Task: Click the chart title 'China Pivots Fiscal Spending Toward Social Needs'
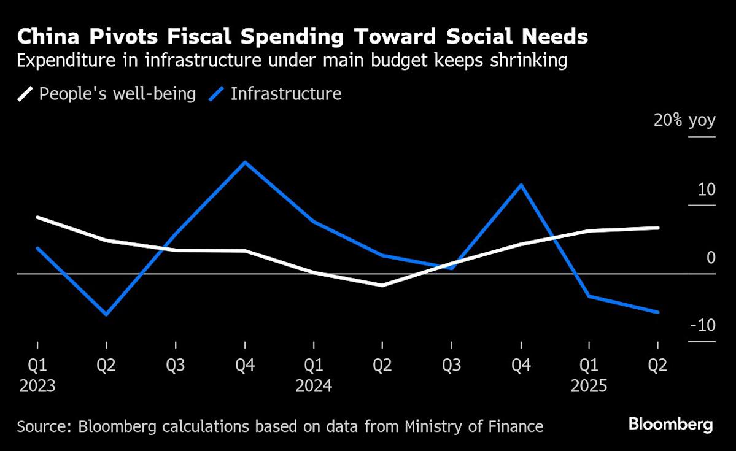point(302,37)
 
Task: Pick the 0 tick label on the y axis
point(711,257)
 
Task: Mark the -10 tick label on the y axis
point(703,325)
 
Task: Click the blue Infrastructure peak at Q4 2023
point(245,162)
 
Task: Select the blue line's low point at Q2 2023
point(106,315)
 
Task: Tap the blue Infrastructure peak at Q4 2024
point(521,185)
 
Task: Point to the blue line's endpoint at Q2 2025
point(658,312)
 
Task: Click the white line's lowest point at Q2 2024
point(382,285)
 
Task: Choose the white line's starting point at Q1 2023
point(37,217)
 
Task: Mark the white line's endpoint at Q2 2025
point(658,228)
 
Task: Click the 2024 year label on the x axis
point(314,387)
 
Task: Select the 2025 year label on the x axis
point(589,387)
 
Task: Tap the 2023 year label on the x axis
point(37,387)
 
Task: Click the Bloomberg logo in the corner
point(670,424)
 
